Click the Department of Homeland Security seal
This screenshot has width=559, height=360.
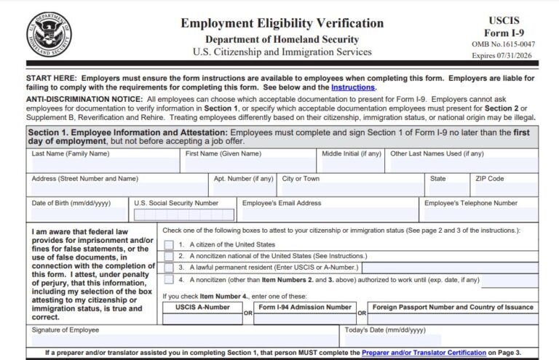[x=49, y=34]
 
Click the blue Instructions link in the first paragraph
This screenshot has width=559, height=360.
[x=353, y=87]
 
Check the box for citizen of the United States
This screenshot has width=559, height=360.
[x=169, y=244]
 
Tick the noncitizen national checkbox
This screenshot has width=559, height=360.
[x=169, y=256]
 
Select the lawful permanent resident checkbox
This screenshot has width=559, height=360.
[x=169, y=267]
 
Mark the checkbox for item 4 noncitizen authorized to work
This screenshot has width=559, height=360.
[x=169, y=279]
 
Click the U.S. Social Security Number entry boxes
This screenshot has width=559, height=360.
[x=183, y=215]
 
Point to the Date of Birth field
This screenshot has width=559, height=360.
[x=77, y=215]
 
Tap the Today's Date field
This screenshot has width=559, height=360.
[x=439, y=340]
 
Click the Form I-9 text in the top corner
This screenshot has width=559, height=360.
[x=503, y=33]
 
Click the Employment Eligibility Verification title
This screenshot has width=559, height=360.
[x=282, y=23]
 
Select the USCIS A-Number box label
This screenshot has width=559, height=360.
[x=202, y=307]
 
